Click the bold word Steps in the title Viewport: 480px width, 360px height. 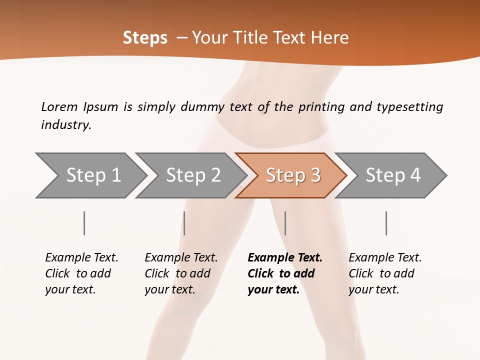145,38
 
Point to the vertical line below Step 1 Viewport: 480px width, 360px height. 84,223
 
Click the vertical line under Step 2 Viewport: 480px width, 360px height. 184,223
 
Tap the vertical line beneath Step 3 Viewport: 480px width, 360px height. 285,223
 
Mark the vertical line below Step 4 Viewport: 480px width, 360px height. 386,223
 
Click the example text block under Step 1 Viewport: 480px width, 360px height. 81,273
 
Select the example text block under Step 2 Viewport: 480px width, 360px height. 181,273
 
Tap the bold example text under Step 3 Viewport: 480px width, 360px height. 284,273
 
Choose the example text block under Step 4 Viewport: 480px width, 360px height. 385,273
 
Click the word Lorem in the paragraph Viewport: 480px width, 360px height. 59,107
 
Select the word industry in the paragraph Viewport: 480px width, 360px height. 66,125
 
